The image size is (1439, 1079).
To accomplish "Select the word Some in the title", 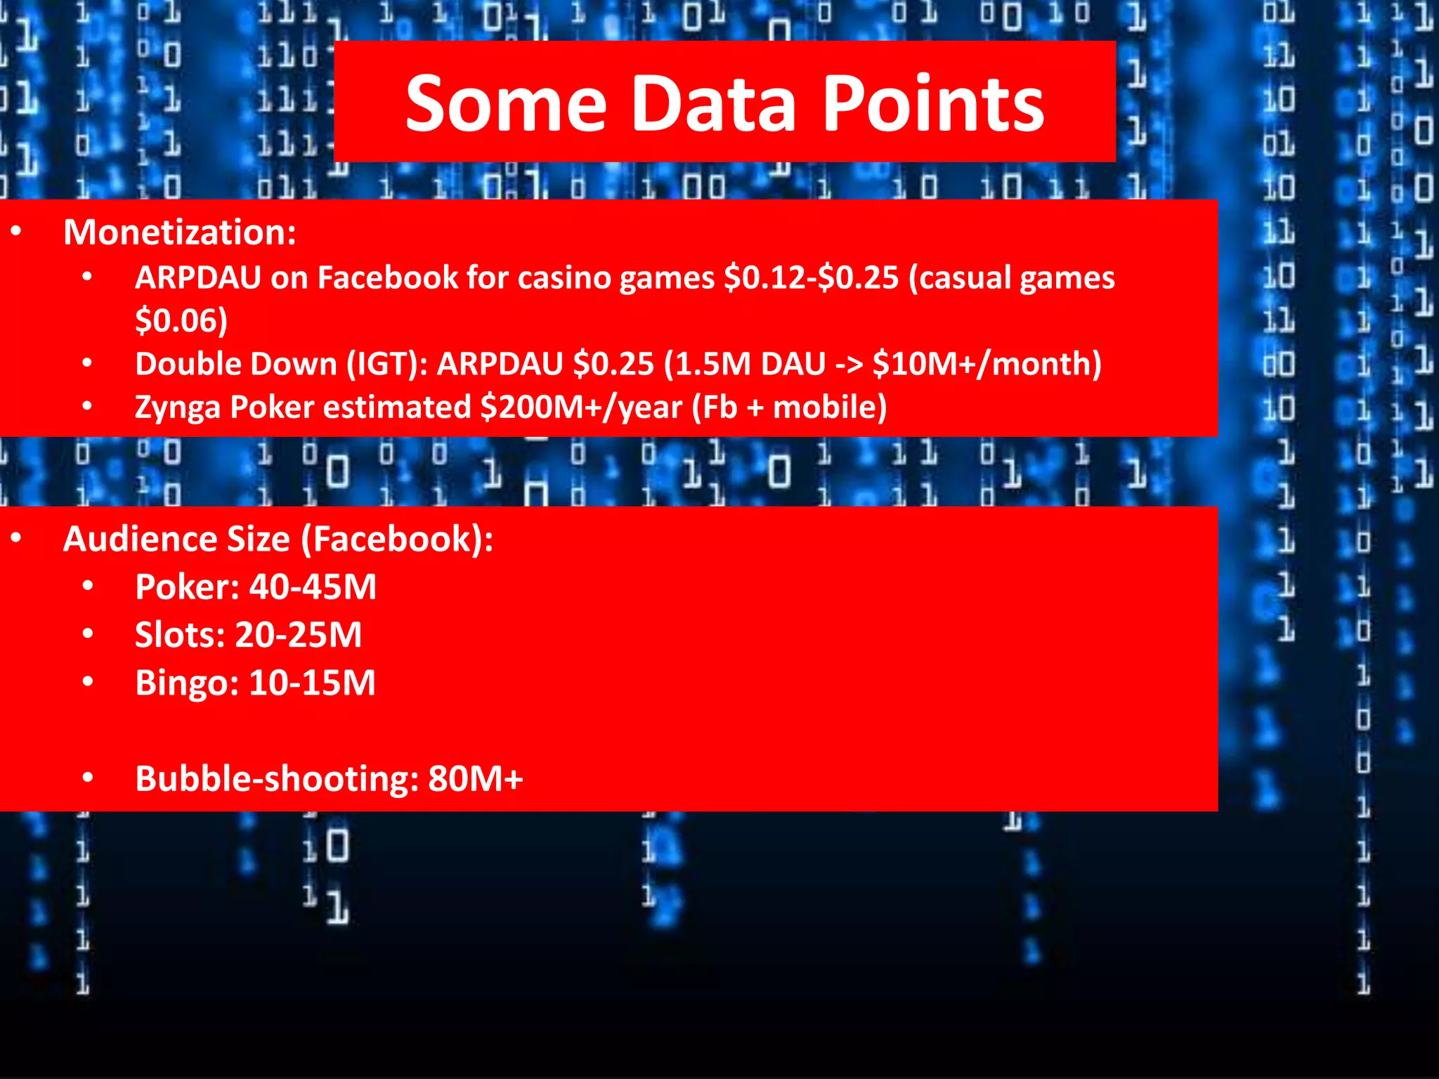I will click(506, 104).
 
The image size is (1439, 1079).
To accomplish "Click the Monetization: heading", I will click(180, 232).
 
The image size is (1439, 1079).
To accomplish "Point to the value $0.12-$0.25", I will click(811, 277).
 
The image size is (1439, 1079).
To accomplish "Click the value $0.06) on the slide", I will click(181, 321).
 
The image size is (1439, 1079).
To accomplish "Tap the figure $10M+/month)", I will click(987, 364).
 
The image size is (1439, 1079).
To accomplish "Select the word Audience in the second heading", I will click(176, 539).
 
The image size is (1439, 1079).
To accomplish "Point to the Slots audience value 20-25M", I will click(298, 635).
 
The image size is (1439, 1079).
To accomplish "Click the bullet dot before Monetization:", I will click(16, 230).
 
